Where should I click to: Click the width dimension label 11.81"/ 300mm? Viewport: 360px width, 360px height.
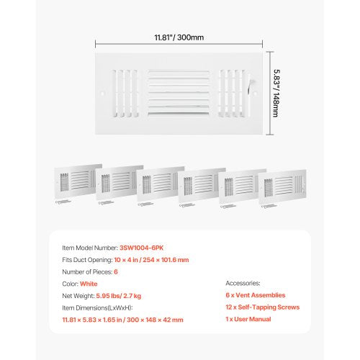179,37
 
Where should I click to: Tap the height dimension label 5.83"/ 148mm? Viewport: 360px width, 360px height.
276,94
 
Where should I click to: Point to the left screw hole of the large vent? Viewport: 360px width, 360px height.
102,94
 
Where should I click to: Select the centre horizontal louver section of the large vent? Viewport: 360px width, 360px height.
179,94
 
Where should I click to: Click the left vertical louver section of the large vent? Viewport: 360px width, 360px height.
125,94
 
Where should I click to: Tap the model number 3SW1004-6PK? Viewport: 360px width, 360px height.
141,248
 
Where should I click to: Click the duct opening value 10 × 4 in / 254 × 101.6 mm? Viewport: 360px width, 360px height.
151,260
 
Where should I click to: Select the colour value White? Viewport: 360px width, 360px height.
89,284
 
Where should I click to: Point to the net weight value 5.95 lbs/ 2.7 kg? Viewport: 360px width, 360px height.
119,296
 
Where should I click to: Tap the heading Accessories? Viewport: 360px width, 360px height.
243,283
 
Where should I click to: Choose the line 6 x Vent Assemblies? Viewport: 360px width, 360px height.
256,295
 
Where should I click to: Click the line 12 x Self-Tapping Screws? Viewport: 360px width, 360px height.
263,307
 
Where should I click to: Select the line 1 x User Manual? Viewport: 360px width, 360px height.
248,319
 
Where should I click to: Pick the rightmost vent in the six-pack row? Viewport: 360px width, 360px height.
282,186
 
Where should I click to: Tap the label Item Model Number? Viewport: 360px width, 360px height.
90,248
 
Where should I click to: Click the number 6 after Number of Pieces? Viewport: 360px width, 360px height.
116,272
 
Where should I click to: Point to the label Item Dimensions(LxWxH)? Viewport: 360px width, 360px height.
97,308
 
